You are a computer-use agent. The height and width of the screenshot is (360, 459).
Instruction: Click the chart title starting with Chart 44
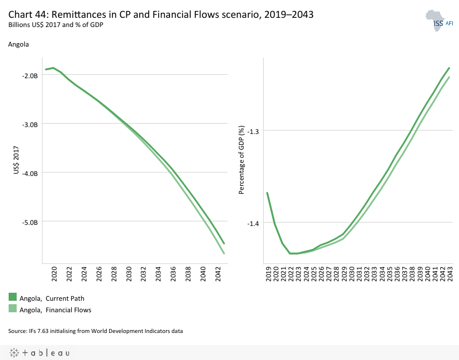161,15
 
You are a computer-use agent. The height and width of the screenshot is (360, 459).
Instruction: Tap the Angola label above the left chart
18,44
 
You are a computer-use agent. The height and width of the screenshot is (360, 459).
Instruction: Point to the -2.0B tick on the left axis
29,75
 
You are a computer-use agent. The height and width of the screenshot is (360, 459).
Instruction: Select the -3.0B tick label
29,124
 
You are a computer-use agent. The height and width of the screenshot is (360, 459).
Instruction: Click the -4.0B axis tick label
29,173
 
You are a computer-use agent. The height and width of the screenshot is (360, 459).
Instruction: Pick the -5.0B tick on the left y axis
29,222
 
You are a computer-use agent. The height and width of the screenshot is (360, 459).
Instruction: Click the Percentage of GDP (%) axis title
242,160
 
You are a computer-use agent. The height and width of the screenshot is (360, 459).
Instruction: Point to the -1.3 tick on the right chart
253,131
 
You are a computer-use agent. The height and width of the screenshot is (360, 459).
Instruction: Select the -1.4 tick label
253,224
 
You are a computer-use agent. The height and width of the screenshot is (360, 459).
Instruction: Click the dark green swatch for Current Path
13,297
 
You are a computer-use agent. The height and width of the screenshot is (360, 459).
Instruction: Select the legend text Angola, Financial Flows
55,309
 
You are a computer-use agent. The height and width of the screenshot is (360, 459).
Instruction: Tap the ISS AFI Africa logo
440,21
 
